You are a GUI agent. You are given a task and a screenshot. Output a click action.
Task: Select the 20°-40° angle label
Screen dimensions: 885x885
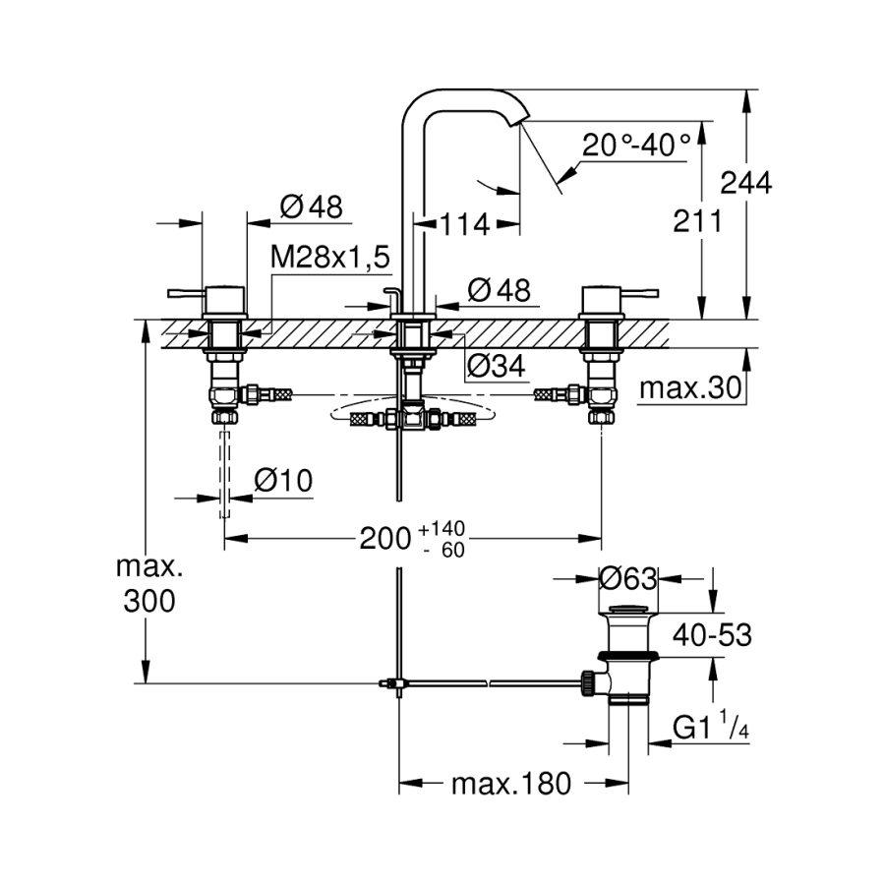636,146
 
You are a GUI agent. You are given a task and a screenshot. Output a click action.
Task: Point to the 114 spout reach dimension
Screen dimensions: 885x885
464,224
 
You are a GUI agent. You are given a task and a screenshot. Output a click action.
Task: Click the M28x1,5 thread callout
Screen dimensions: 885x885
330,258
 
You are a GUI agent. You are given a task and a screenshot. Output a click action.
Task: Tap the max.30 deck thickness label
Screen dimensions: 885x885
690,388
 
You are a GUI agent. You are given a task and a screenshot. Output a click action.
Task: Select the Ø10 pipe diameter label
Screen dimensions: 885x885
282,481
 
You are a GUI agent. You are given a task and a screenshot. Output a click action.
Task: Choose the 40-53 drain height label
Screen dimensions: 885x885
711,636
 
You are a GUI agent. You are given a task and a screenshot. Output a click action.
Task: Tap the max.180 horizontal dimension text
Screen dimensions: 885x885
510,784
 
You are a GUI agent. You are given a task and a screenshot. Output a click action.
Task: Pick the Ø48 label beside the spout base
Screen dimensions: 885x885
499,290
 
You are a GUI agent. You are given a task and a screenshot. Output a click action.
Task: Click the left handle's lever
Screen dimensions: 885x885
185,292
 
